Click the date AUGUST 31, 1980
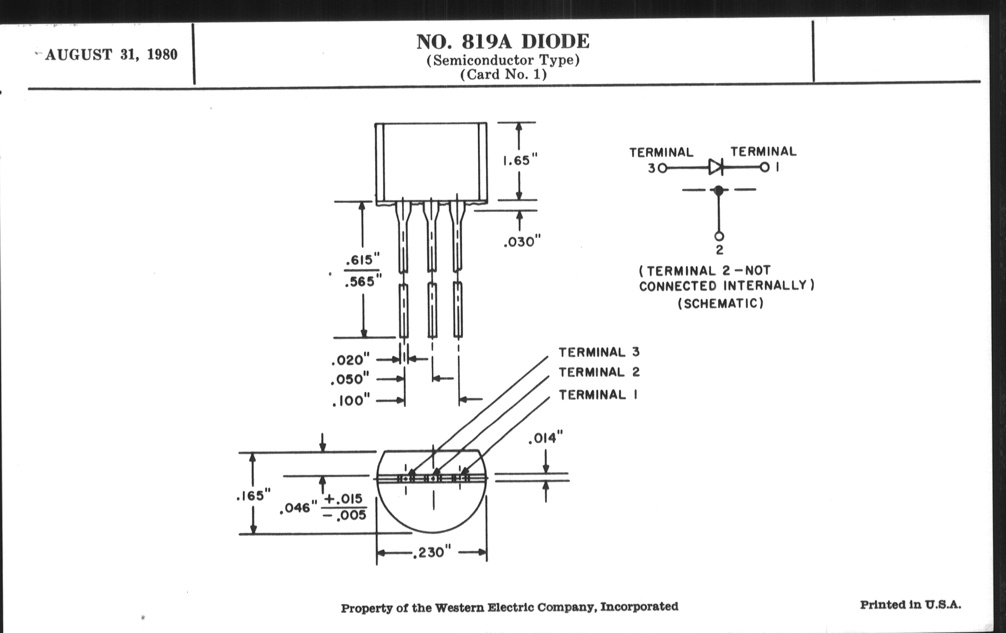[x=111, y=55]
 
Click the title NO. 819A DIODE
[x=503, y=41]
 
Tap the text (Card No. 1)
[x=503, y=74]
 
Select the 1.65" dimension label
[x=520, y=161]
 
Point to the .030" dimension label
[x=522, y=242]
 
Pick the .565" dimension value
[x=363, y=282]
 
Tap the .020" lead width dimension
[x=350, y=360]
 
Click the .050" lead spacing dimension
[x=350, y=379]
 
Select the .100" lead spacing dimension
[x=351, y=400]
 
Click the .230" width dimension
[x=432, y=553]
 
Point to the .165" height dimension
[x=253, y=496]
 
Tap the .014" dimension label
[x=545, y=438]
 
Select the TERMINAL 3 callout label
[x=599, y=352]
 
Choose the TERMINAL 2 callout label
[x=599, y=372]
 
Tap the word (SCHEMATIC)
[x=720, y=303]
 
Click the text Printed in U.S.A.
[x=910, y=604]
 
